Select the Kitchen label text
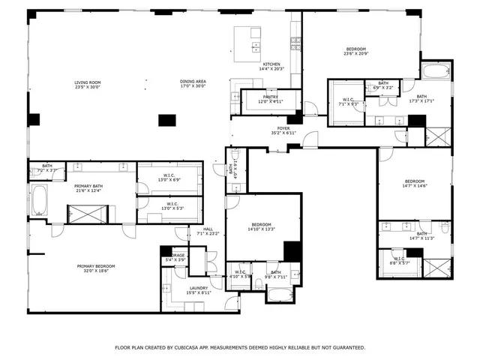coord(271,65)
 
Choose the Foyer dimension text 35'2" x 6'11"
coord(283,133)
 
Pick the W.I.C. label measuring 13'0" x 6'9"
coord(169,177)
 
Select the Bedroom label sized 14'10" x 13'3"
coord(262,225)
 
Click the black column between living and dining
coord(168,119)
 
